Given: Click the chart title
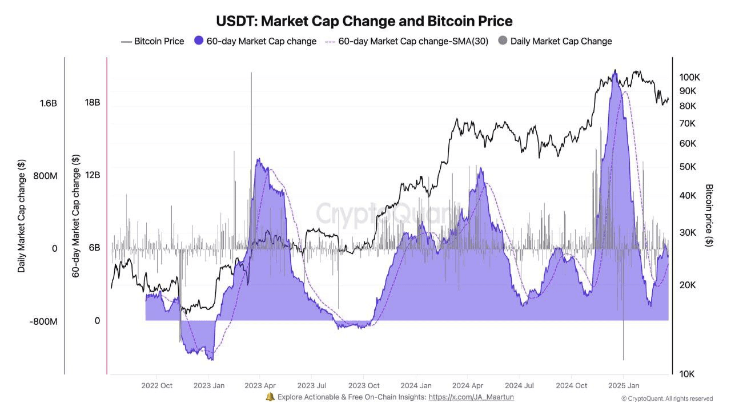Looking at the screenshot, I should click(x=364, y=21).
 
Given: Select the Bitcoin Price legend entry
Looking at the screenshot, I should click(x=152, y=41).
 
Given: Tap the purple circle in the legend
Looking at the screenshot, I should click(x=199, y=41).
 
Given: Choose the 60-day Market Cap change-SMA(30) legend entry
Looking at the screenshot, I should click(x=407, y=41).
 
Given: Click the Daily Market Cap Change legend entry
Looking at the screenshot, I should click(x=555, y=41).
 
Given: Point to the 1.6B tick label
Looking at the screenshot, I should click(x=48, y=103).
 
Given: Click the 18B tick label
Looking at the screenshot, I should click(x=93, y=103).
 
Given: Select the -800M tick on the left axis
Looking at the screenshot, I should click(x=44, y=321).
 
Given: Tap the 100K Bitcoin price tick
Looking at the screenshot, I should click(x=689, y=78).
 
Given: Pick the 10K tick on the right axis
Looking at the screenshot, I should click(x=686, y=374).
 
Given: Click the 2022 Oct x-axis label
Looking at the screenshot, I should click(x=157, y=385).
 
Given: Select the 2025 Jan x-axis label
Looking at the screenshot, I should click(x=623, y=385).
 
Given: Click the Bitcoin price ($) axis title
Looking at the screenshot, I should click(x=709, y=215).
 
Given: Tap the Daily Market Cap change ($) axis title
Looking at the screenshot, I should click(x=22, y=215).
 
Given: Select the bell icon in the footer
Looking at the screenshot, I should click(x=270, y=397).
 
